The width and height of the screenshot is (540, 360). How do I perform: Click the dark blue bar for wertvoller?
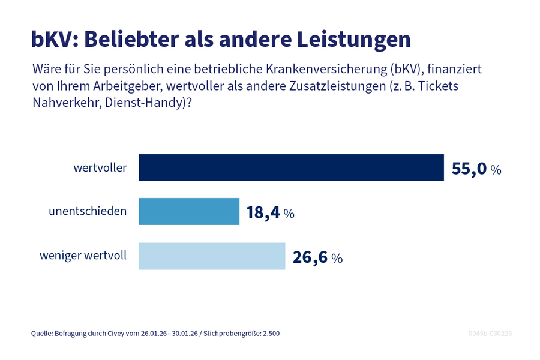[291, 167]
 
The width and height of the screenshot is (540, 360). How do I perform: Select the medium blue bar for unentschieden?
[189, 212]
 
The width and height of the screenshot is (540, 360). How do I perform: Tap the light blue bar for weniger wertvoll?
[212, 256]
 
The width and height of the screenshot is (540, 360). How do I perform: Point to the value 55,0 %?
[476, 169]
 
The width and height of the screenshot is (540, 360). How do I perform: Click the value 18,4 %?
[270, 213]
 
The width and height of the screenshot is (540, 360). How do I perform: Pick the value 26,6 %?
[317, 257]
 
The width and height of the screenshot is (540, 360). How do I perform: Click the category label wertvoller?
[100, 168]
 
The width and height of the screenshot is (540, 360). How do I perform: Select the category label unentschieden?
[88, 212]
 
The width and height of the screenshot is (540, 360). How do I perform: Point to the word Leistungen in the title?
[354, 39]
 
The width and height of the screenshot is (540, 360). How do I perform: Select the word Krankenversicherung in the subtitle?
[336, 69]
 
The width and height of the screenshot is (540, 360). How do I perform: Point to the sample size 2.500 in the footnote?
[269, 333]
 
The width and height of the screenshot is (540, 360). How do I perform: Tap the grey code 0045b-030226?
[490, 333]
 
